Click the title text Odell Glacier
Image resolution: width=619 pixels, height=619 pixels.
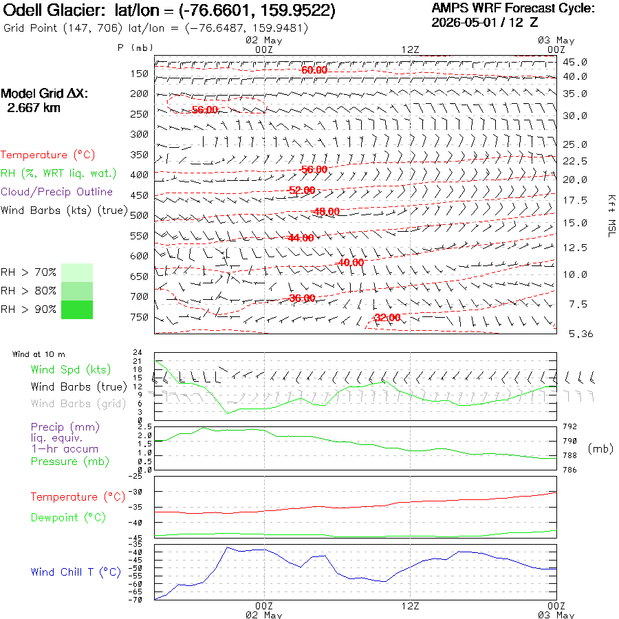pyautogui.click(x=54, y=10)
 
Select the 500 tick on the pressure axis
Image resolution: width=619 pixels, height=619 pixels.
pyautogui.click(x=140, y=215)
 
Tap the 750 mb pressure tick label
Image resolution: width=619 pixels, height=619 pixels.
pyautogui.click(x=140, y=317)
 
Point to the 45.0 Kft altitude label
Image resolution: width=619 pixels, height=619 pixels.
pyautogui.click(x=575, y=62)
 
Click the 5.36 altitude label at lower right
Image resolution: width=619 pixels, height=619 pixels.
pyautogui.click(x=580, y=334)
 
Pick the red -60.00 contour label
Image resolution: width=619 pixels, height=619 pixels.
pyautogui.click(x=314, y=70)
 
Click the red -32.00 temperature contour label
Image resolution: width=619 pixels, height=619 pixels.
pyautogui.click(x=387, y=317)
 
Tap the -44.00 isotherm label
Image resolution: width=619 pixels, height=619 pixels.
pyautogui.click(x=301, y=238)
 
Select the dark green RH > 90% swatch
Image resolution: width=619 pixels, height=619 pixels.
pyautogui.click(x=77, y=309)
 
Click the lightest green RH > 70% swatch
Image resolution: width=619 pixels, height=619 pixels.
pyautogui.click(x=77, y=272)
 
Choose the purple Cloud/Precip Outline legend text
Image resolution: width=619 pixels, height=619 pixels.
pyautogui.click(x=56, y=192)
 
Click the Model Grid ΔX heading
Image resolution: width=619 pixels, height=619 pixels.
pyautogui.click(x=44, y=94)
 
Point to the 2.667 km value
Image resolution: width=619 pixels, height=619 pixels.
pyautogui.click(x=34, y=108)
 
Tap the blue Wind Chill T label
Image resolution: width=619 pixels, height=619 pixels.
pyautogui.click(x=76, y=572)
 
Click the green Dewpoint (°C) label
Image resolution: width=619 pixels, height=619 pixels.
pyautogui.click(x=68, y=517)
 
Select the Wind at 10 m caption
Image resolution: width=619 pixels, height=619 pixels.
pyautogui.click(x=39, y=354)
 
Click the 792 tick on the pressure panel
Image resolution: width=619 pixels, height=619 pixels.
pyautogui.click(x=569, y=426)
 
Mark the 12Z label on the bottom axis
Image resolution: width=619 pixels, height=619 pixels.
pyautogui.click(x=410, y=606)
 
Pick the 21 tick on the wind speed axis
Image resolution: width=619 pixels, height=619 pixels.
pyautogui.click(x=137, y=361)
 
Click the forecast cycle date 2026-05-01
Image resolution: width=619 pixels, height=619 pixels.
pyautogui.click(x=464, y=22)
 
